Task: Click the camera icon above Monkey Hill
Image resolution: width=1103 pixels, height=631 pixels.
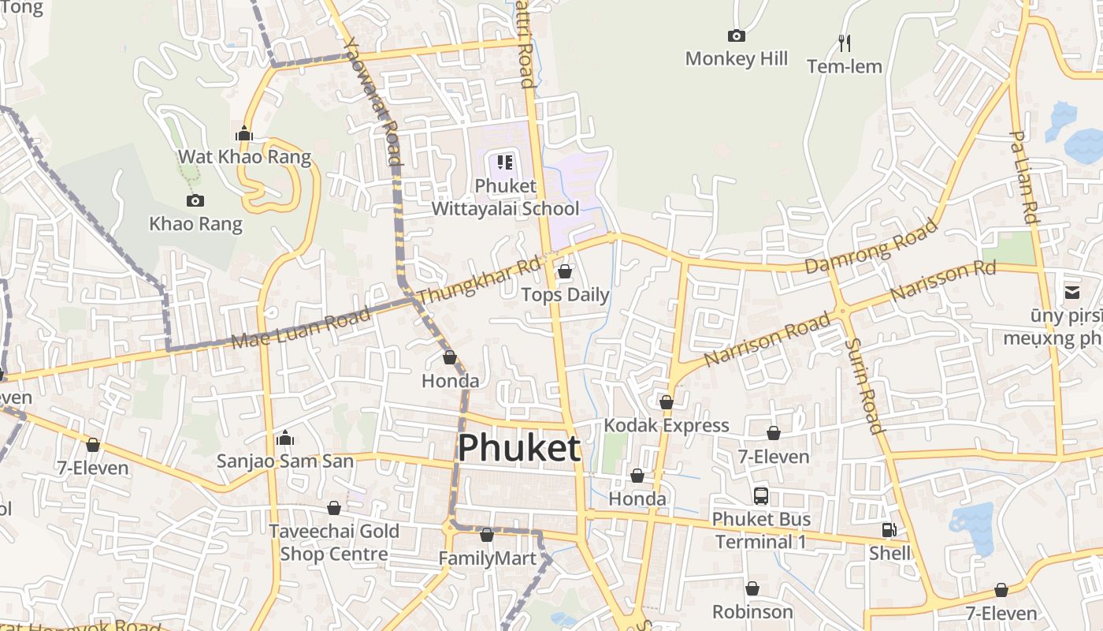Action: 737,35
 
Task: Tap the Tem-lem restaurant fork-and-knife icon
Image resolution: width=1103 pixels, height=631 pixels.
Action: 845,43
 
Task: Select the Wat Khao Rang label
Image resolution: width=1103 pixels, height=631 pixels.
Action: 244,156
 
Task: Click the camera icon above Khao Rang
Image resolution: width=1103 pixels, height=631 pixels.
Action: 195,201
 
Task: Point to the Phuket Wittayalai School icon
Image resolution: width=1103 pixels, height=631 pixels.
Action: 505,163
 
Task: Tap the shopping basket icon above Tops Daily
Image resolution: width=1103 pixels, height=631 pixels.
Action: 565,272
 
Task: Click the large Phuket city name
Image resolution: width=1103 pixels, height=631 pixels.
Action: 519,448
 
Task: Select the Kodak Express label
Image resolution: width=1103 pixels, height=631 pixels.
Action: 667,425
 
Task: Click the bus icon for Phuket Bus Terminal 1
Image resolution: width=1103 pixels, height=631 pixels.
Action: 761,496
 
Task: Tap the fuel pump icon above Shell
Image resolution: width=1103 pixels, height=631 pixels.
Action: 889,531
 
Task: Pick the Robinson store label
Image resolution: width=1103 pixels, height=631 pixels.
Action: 752,611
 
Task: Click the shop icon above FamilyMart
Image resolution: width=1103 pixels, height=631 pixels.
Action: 487,536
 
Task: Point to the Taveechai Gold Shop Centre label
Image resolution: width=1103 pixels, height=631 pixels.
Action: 334,542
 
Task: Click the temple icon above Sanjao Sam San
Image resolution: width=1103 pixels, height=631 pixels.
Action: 285,438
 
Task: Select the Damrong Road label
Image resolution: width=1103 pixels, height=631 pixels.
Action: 871,246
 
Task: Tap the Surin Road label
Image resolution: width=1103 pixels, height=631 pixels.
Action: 863,386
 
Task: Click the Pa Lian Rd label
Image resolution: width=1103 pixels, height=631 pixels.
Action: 1023,177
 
